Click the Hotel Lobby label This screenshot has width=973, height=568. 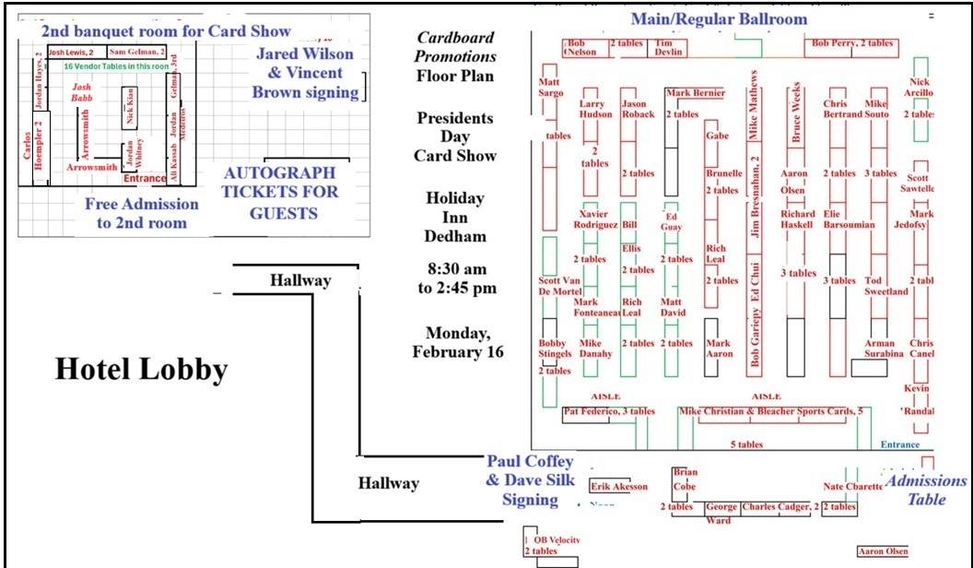141,370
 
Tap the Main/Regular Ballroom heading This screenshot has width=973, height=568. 719,18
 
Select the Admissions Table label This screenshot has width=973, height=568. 926,490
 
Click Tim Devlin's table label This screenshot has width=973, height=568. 669,48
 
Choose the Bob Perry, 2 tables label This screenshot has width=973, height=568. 852,43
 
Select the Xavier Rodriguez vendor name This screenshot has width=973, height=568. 595,219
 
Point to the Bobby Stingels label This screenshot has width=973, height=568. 555,349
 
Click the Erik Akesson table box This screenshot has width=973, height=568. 619,487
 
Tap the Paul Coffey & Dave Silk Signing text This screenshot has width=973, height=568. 530,480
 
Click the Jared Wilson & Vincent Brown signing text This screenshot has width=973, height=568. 305,73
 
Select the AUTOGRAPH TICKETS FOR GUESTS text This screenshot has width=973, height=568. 281,193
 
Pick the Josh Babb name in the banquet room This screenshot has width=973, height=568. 82,91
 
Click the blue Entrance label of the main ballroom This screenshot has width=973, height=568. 899,444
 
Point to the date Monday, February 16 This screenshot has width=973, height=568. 457,342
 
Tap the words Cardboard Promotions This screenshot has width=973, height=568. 455,47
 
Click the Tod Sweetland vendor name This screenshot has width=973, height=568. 885,286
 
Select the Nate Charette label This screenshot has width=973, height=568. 853,486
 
